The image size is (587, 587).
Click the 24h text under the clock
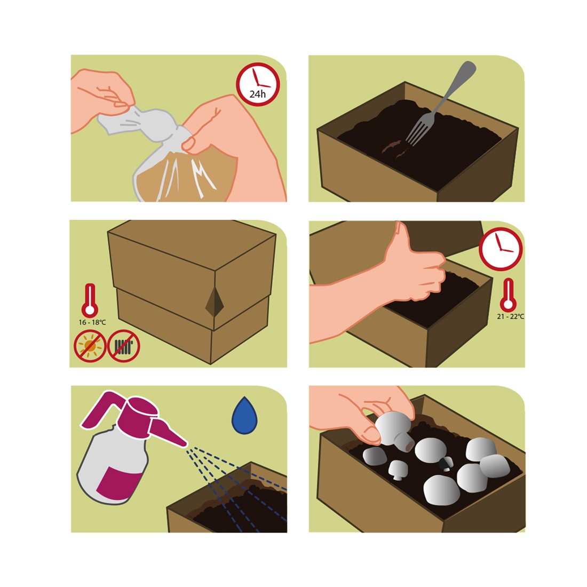[258, 94]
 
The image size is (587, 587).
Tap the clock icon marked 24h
[258, 84]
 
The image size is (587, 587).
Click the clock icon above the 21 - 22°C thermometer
[501, 249]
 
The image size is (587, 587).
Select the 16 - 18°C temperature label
[92, 322]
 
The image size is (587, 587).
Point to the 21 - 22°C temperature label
[510, 316]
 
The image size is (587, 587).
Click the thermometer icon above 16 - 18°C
[90, 300]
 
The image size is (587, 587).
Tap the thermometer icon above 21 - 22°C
[508, 295]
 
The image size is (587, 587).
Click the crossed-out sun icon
[90, 346]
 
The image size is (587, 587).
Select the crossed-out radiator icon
[124, 346]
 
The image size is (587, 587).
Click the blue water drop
[244, 416]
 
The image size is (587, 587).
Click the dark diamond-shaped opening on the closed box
[215, 302]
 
